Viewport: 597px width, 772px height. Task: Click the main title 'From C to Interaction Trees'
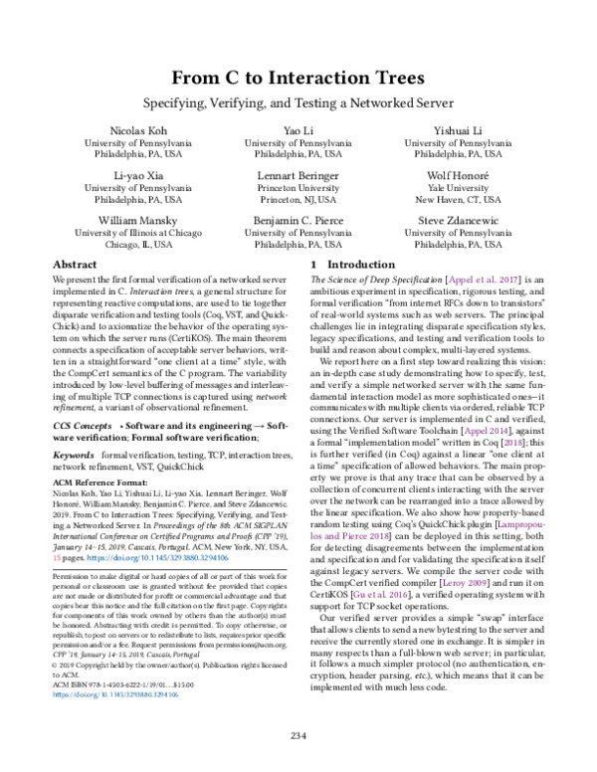click(x=298, y=78)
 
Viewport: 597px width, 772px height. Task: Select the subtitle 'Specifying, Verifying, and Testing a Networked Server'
click(x=298, y=102)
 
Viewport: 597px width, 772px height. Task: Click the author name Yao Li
click(x=298, y=130)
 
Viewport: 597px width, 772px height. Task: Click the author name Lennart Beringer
click(x=298, y=173)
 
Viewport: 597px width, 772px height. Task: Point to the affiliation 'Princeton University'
click(x=298, y=186)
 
